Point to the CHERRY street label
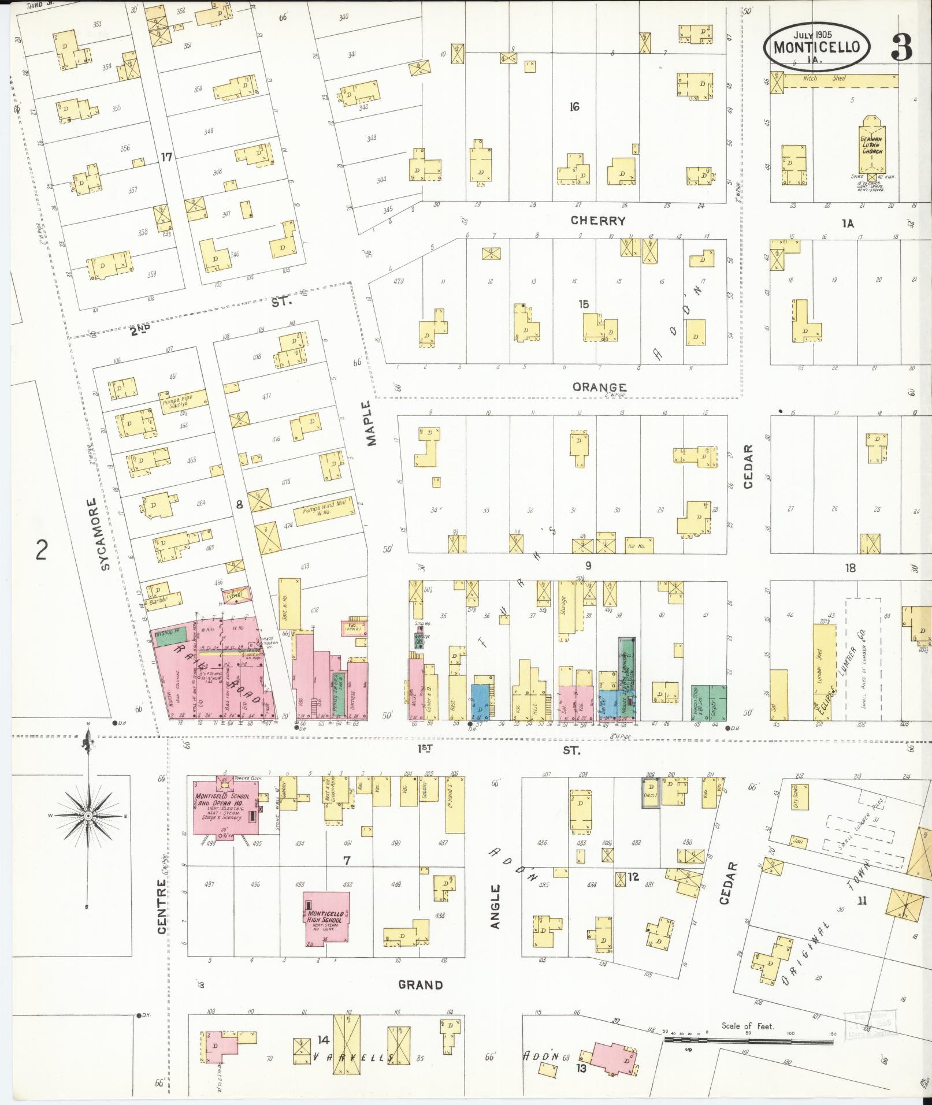[x=598, y=221]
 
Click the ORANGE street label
[x=599, y=387]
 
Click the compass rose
[x=88, y=816]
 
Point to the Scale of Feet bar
[x=749, y=1040]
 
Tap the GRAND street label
[x=421, y=985]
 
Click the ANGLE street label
[x=495, y=907]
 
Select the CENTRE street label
[x=161, y=906]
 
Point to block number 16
[x=574, y=107]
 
